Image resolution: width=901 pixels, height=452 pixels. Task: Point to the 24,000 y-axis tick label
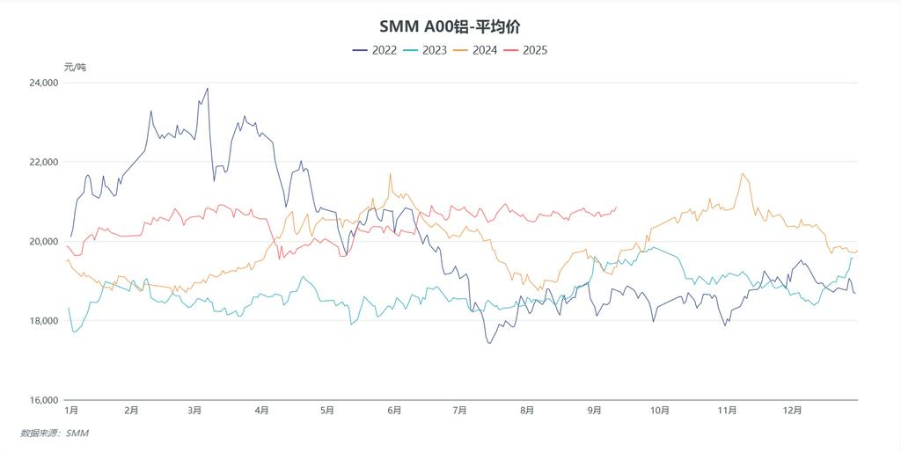click(43, 83)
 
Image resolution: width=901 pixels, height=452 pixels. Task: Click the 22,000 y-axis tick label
click(43, 162)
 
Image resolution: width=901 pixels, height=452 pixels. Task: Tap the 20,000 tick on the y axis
click(43, 242)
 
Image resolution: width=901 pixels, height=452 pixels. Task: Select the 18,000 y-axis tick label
click(43, 321)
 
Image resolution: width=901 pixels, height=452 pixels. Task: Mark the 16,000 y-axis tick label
click(43, 400)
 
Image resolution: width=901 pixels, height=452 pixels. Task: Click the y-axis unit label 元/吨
click(76, 67)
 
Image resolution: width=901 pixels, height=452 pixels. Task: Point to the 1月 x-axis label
click(72, 411)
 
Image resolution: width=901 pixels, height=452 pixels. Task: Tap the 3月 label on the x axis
click(195, 411)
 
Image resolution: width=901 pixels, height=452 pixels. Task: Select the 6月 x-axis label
click(394, 411)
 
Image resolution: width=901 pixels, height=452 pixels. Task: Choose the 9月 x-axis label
click(594, 411)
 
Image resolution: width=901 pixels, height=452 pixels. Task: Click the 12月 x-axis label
click(792, 411)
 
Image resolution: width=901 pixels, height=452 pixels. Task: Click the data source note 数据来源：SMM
click(55, 433)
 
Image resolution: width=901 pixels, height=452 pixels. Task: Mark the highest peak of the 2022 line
click(208, 88)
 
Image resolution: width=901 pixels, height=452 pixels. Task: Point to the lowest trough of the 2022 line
click(489, 342)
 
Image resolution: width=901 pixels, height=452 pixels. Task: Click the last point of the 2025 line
click(616, 208)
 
